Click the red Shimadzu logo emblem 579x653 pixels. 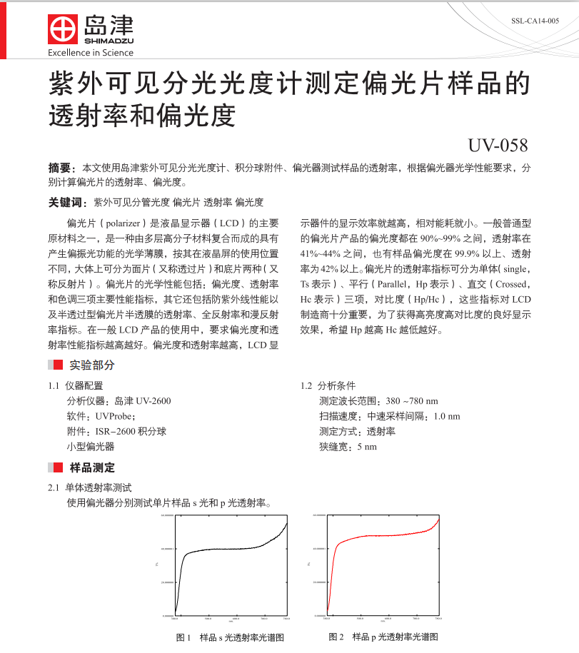[x=63, y=29]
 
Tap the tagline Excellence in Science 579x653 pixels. [x=90, y=53]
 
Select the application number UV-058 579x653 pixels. [x=498, y=146]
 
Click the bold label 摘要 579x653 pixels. [x=61, y=168]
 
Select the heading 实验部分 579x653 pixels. [x=92, y=365]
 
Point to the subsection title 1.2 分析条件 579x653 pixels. [x=328, y=385]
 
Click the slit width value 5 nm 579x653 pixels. [x=366, y=447]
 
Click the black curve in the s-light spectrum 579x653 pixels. [x=228, y=549]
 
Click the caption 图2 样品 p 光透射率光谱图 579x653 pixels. [x=383, y=637]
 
